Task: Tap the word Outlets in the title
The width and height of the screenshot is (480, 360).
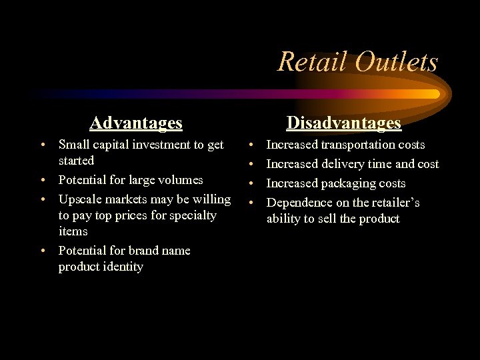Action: tap(397, 62)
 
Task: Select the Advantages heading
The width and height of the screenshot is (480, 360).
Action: tap(136, 123)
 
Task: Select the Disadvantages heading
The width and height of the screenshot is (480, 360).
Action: tap(343, 123)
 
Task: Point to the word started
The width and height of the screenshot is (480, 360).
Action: tap(77, 161)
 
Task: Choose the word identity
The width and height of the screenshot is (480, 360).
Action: tap(121, 267)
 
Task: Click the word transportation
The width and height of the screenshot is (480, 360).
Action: tap(363, 145)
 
